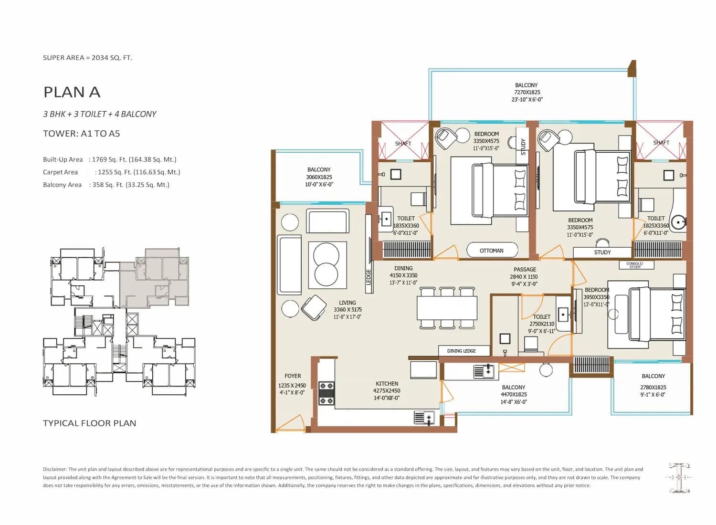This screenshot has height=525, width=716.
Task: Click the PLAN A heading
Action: [72, 92]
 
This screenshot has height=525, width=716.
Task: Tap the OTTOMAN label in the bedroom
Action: [491, 251]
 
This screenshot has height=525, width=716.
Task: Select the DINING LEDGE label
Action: [461, 351]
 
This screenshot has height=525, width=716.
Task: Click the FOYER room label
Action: [293, 376]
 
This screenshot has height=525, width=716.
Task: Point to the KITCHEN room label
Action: [387, 383]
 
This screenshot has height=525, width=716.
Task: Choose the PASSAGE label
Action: [525, 269]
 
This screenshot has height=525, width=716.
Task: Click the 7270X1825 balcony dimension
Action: [527, 92]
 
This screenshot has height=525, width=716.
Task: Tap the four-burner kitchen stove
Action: [326, 393]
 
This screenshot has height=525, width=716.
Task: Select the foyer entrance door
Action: [289, 424]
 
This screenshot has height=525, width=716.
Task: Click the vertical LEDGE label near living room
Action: [368, 277]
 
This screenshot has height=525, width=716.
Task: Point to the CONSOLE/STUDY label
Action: [635, 265]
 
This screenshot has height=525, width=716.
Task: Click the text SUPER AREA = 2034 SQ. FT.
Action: [87, 58]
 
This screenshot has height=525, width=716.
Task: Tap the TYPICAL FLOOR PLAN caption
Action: [90, 423]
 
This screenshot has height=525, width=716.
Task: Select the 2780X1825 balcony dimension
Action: [653, 387]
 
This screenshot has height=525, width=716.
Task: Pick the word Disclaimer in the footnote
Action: [55, 470]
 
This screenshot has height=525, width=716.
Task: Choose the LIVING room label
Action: [347, 303]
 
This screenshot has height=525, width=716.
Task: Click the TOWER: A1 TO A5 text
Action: [82, 134]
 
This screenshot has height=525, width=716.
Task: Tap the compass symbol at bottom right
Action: [680, 477]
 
